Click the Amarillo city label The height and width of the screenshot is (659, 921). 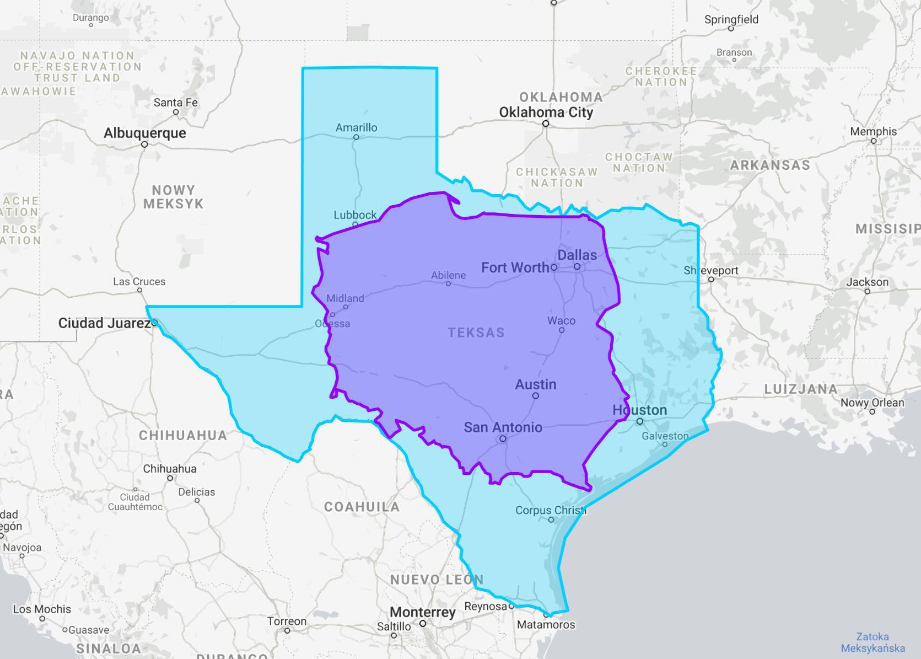click(356, 127)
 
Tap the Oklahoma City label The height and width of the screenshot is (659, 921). click(546, 112)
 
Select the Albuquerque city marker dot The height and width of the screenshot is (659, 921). click(144, 144)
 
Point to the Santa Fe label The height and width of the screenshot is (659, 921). click(175, 103)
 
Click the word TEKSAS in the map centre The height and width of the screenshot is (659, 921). click(476, 333)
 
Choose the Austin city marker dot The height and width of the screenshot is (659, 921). click(535, 396)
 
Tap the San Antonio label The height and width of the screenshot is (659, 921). click(503, 427)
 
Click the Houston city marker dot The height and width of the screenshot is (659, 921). click(639, 421)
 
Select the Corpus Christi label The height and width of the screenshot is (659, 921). click(550, 510)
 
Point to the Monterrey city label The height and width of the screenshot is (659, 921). click(422, 612)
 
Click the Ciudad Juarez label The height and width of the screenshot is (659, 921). click(104, 323)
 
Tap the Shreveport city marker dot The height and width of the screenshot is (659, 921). click(711, 280)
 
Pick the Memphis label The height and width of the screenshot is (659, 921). click(873, 131)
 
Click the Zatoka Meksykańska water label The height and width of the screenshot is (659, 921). click(872, 642)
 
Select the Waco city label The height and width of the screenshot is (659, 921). click(561, 320)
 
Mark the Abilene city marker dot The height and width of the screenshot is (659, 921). click(448, 284)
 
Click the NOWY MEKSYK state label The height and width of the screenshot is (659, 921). click(173, 197)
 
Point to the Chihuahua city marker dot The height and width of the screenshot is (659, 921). click(170, 478)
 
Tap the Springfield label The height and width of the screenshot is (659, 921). click(731, 19)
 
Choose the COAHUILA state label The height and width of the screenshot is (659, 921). click(362, 507)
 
